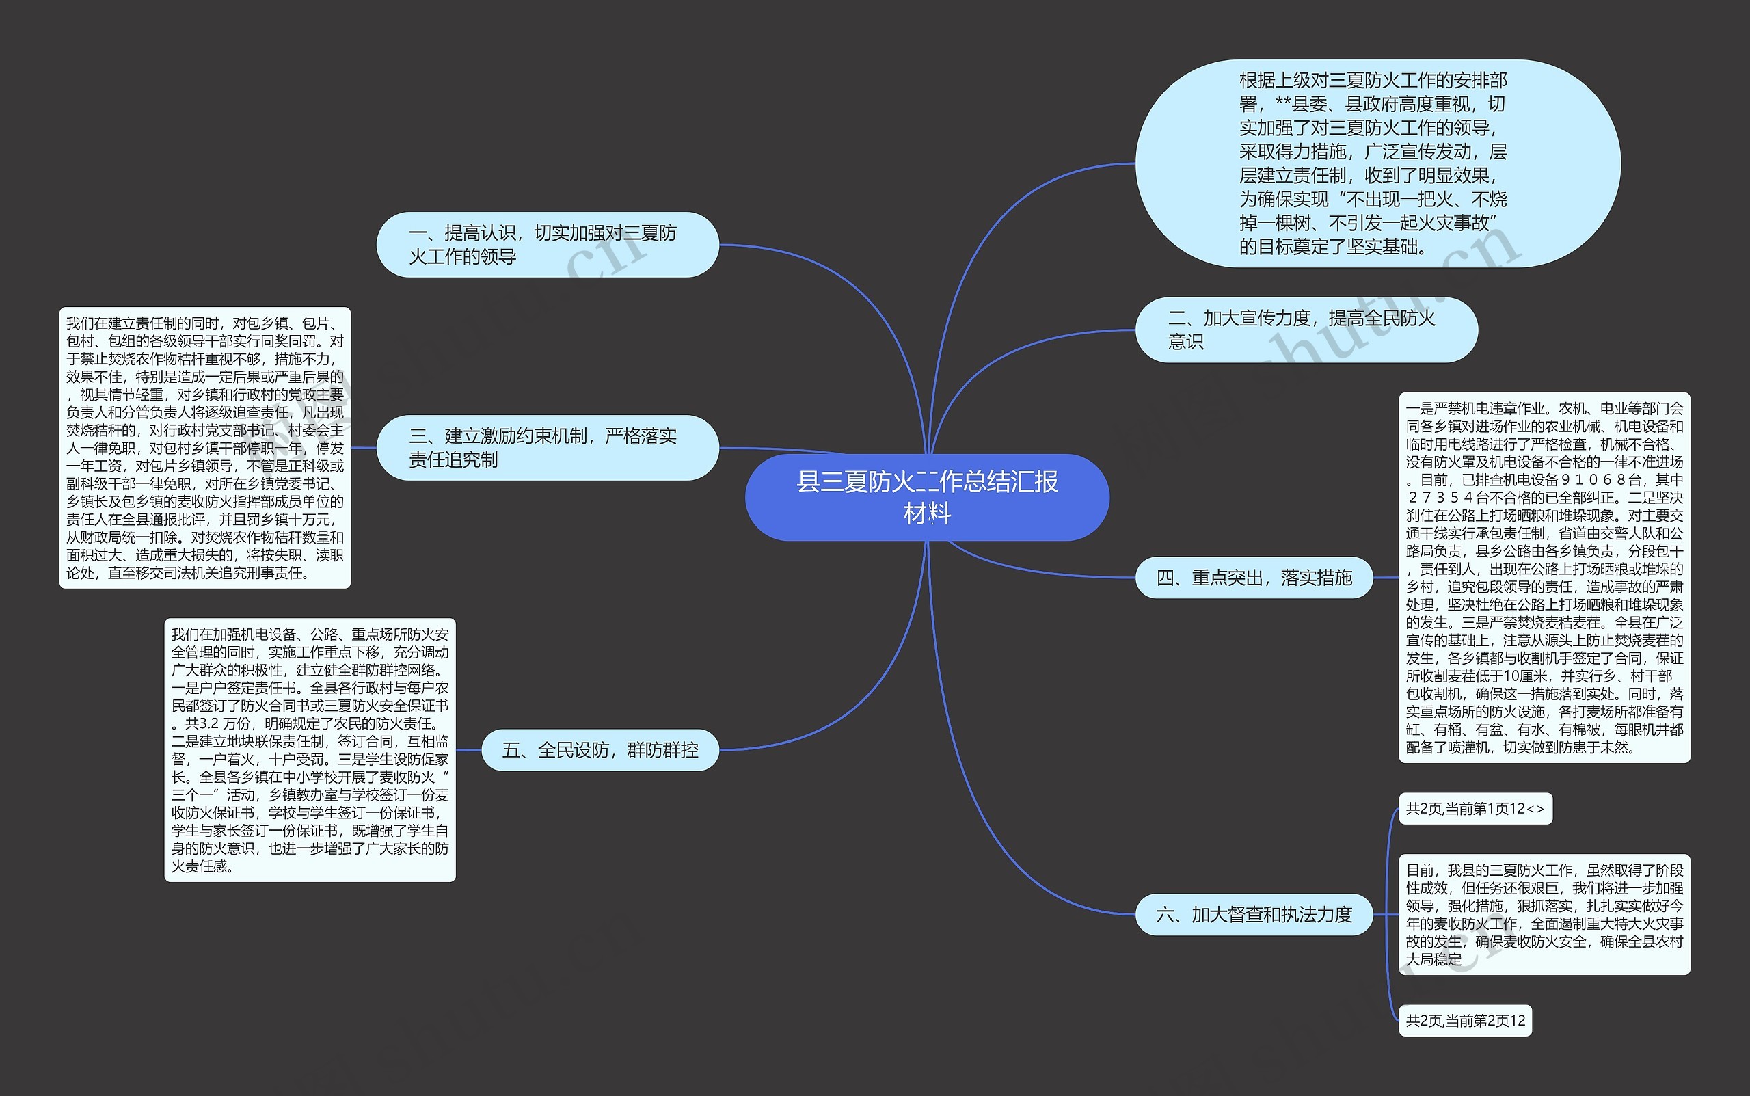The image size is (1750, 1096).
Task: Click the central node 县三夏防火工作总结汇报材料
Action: (927, 497)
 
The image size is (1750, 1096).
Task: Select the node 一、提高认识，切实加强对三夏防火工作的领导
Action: (547, 244)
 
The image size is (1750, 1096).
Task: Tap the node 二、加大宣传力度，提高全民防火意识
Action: (1306, 330)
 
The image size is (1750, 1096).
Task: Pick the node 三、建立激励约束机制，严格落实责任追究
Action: (547, 447)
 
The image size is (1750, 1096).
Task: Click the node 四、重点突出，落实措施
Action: (1254, 578)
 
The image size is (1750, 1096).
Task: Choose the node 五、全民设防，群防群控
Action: (600, 749)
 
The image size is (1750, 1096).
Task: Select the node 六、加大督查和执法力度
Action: (1254, 915)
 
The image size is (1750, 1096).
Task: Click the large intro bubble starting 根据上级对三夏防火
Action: (1377, 163)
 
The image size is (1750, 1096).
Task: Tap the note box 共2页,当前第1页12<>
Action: (1475, 809)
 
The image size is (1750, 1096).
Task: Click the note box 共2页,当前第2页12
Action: (1464, 1021)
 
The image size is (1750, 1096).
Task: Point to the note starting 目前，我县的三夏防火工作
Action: (1544, 915)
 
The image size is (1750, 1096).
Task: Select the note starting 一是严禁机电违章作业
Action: (1544, 578)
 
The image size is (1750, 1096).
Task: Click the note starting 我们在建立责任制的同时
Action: (204, 447)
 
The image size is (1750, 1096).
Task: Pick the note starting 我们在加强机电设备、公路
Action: (310, 749)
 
